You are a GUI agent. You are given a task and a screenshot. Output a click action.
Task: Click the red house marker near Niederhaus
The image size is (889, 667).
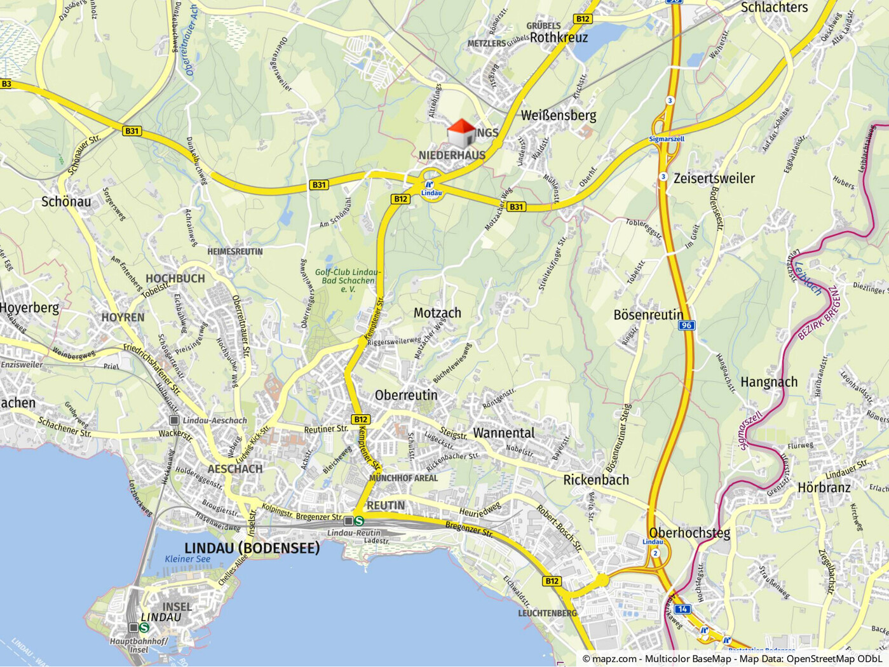(x=461, y=132)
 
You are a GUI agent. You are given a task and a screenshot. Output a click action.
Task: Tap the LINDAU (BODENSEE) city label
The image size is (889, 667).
(x=252, y=548)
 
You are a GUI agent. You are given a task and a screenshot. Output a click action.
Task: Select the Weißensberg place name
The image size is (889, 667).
(x=559, y=116)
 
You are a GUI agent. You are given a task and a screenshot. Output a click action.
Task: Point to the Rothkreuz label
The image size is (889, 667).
(x=559, y=37)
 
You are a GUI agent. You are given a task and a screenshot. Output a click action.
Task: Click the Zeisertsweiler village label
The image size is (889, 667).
(x=714, y=179)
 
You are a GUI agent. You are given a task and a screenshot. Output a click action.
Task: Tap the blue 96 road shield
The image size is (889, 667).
(x=686, y=326)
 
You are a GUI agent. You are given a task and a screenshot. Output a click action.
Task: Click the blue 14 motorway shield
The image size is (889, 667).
(x=682, y=609)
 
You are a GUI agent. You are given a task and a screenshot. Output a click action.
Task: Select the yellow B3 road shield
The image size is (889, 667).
(x=6, y=84)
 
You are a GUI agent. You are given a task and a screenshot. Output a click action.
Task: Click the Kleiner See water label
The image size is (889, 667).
(x=187, y=559)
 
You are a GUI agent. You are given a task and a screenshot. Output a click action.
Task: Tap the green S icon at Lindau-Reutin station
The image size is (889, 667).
(x=359, y=521)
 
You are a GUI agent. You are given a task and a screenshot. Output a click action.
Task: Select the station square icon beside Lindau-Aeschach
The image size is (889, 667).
(x=174, y=421)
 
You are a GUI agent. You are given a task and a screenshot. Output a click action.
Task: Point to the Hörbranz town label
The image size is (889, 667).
(x=824, y=488)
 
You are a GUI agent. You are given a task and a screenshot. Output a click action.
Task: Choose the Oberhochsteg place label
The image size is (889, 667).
(x=689, y=533)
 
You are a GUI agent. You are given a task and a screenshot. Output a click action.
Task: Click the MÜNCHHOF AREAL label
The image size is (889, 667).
(x=404, y=478)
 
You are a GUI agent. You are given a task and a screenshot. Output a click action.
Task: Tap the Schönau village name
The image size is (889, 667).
(x=66, y=202)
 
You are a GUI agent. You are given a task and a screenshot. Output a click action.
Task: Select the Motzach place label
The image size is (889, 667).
(x=437, y=313)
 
